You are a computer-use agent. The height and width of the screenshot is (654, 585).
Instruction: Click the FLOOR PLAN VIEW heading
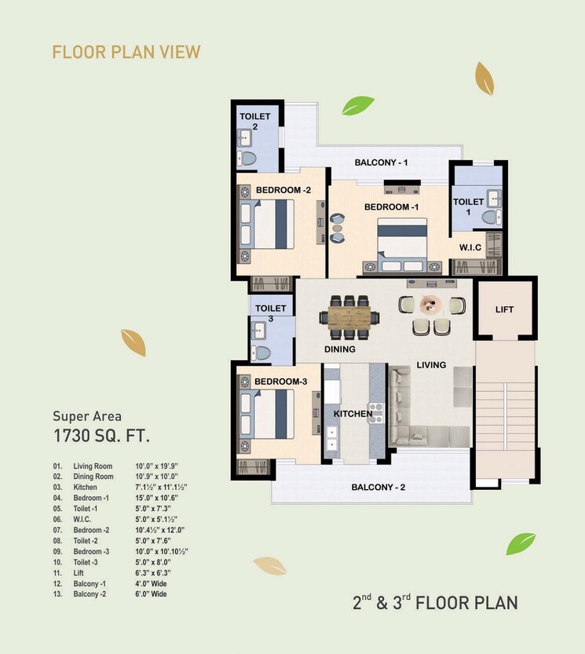point(126,53)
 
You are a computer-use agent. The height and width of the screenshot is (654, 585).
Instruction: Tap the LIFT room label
point(504,309)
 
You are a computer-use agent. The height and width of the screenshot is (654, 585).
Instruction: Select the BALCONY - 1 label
point(381,163)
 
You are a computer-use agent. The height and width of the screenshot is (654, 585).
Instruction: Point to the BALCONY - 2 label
point(378,488)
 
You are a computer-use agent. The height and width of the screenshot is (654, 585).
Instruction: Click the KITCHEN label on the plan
point(353,414)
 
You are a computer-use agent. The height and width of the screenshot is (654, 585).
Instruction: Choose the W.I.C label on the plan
point(471,247)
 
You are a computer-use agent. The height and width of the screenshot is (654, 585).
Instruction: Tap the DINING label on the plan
point(340,349)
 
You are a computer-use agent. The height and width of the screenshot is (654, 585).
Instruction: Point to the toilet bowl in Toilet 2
point(249,159)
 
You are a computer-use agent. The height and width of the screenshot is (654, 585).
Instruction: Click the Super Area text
point(87,416)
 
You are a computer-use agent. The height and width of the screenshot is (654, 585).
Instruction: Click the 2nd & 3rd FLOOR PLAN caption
point(433,603)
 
